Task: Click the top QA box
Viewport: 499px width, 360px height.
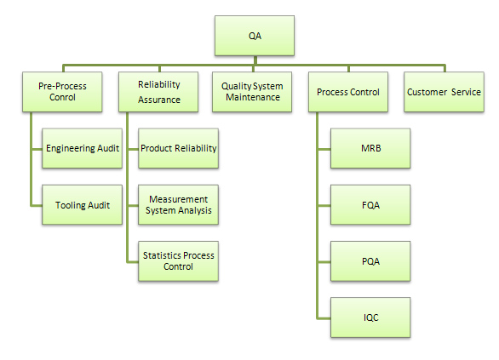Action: pyautogui.click(x=255, y=36)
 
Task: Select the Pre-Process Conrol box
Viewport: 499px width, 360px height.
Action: pyautogui.click(x=62, y=92)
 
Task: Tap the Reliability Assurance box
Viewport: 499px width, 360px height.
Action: pyautogui.click(x=158, y=92)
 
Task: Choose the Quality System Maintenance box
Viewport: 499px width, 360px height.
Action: pyautogui.click(x=252, y=92)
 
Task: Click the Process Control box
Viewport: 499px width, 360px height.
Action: pyautogui.click(x=348, y=92)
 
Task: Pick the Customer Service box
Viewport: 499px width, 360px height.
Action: pyautogui.click(x=444, y=92)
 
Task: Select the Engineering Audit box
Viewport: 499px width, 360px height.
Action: pyautogui.click(x=82, y=148)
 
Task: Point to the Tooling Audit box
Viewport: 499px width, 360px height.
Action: pyautogui.click(x=82, y=205)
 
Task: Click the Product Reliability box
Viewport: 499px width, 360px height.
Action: pyautogui.click(x=179, y=148)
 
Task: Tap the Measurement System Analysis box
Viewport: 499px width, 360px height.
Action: pyautogui.click(x=179, y=205)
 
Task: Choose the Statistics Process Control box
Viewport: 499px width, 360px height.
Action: pyautogui.click(x=179, y=261)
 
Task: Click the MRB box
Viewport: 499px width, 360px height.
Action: pyautogui.click(x=370, y=148)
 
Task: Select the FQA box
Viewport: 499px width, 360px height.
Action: pyautogui.click(x=370, y=205)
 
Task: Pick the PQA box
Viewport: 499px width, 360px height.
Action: pyautogui.click(x=370, y=261)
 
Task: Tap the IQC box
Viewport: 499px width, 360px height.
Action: pyautogui.click(x=370, y=317)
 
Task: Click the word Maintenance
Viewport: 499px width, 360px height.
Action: pyautogui.click(x=253, y=97)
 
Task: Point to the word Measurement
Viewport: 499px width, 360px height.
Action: pyautogui.click(x=179, y=199)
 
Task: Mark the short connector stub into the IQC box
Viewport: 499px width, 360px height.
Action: pyautogui.click(x=324, y=317)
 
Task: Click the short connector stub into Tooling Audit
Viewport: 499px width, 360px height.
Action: pyautogui.click(x=37, y=206)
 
